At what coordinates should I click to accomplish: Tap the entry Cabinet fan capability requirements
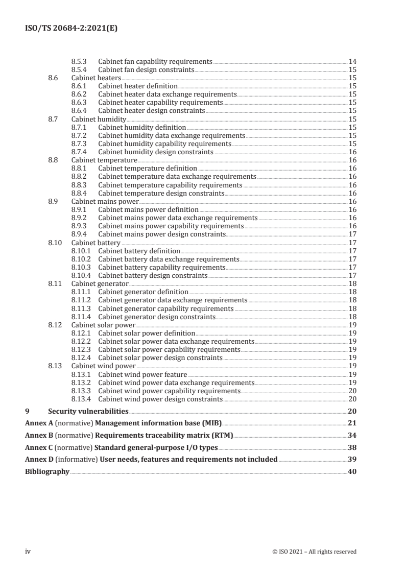click(155, 61)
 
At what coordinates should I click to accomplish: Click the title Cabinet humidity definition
click(142, 127)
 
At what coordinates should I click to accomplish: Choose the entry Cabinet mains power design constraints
click(162, 234)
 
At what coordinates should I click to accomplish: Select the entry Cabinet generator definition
click(143, 292)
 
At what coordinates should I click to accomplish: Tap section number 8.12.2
click(81, 341)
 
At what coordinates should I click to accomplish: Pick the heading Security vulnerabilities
click(88, 411)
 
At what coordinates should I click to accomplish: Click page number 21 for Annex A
click(352, 423)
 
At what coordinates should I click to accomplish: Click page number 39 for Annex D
click(352, 460)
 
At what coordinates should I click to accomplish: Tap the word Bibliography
click(47, 472)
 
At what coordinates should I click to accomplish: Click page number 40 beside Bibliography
click(352, 472)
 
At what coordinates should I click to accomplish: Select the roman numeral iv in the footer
click(28, 552)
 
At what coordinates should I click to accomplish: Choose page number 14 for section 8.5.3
click(352, 61)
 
